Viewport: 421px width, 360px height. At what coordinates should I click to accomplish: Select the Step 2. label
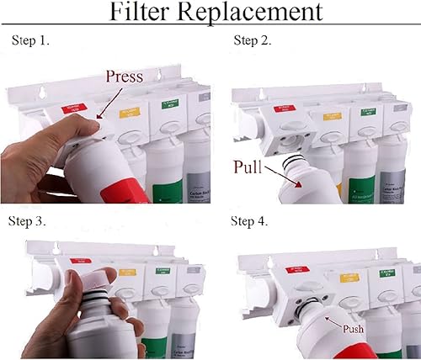click(x=253, y=41)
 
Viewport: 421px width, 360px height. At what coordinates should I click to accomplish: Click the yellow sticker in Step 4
click(x=347, y=276)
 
